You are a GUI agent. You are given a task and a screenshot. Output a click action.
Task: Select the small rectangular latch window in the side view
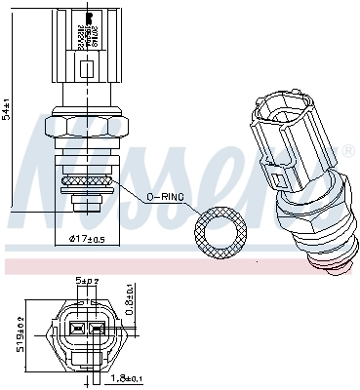click(88, 69)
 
